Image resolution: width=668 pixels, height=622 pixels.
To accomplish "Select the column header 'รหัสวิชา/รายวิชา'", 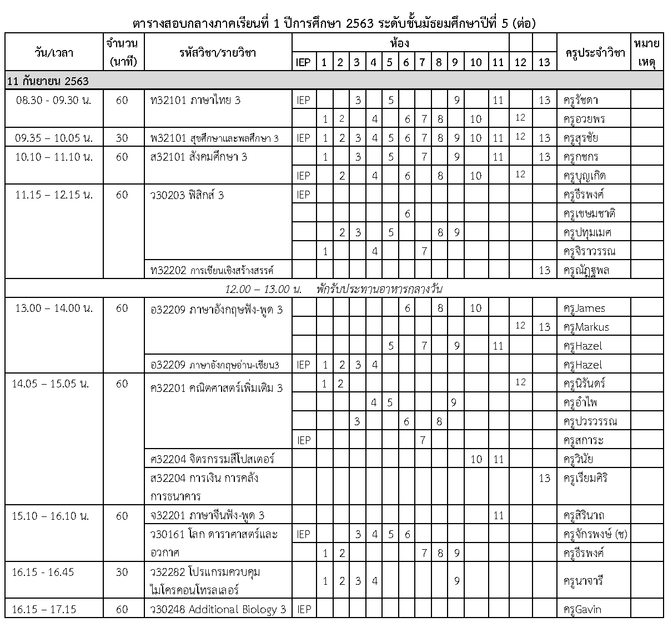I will (218, 52).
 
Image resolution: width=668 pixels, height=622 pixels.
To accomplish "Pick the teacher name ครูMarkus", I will (586, 327).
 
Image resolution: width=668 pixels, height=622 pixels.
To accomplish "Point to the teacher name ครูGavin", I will (582, 610).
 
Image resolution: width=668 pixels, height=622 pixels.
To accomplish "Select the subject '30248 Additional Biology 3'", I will (218, 610).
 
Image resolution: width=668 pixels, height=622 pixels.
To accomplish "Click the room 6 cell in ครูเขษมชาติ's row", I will (407, 214).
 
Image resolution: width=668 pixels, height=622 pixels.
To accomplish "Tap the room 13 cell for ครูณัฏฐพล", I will (544, 271).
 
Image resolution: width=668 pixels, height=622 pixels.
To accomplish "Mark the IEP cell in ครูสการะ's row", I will (304, 441).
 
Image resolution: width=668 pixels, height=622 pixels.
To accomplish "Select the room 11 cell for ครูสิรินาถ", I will (498, 516).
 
